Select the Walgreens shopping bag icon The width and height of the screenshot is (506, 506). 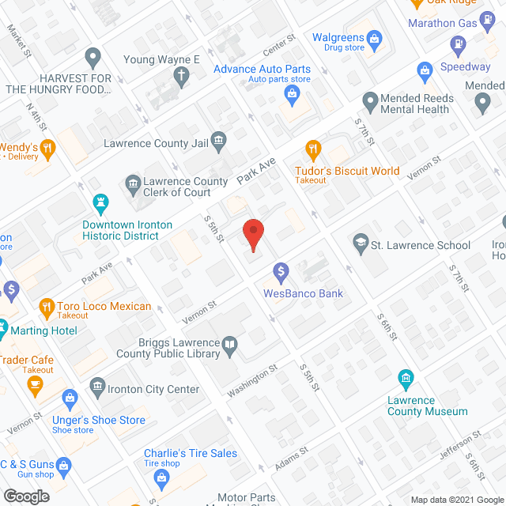click(x=376, y=37)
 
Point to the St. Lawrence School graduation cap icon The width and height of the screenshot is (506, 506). click(x=360, y=240)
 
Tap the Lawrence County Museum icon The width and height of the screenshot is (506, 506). click(x=406, y=378)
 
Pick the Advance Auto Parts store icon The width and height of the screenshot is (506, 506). click(x=291, y=95)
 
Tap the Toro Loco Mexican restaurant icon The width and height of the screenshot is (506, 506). click(x=46, y=305)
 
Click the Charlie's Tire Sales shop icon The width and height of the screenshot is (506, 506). click(x=161, y=477)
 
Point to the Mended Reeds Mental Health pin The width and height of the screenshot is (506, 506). click(x=369, y=100)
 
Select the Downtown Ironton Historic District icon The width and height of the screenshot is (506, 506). click(x=100, y=203)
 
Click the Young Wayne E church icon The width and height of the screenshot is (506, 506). click(x=181, y=77)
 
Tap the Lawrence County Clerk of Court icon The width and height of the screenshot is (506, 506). click(x=133, y=185)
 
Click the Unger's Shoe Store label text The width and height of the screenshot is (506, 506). click(x=99, y=420)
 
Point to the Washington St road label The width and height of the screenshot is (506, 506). click(x=252, y=379)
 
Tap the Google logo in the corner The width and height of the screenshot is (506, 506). click(x=26, y=496)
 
